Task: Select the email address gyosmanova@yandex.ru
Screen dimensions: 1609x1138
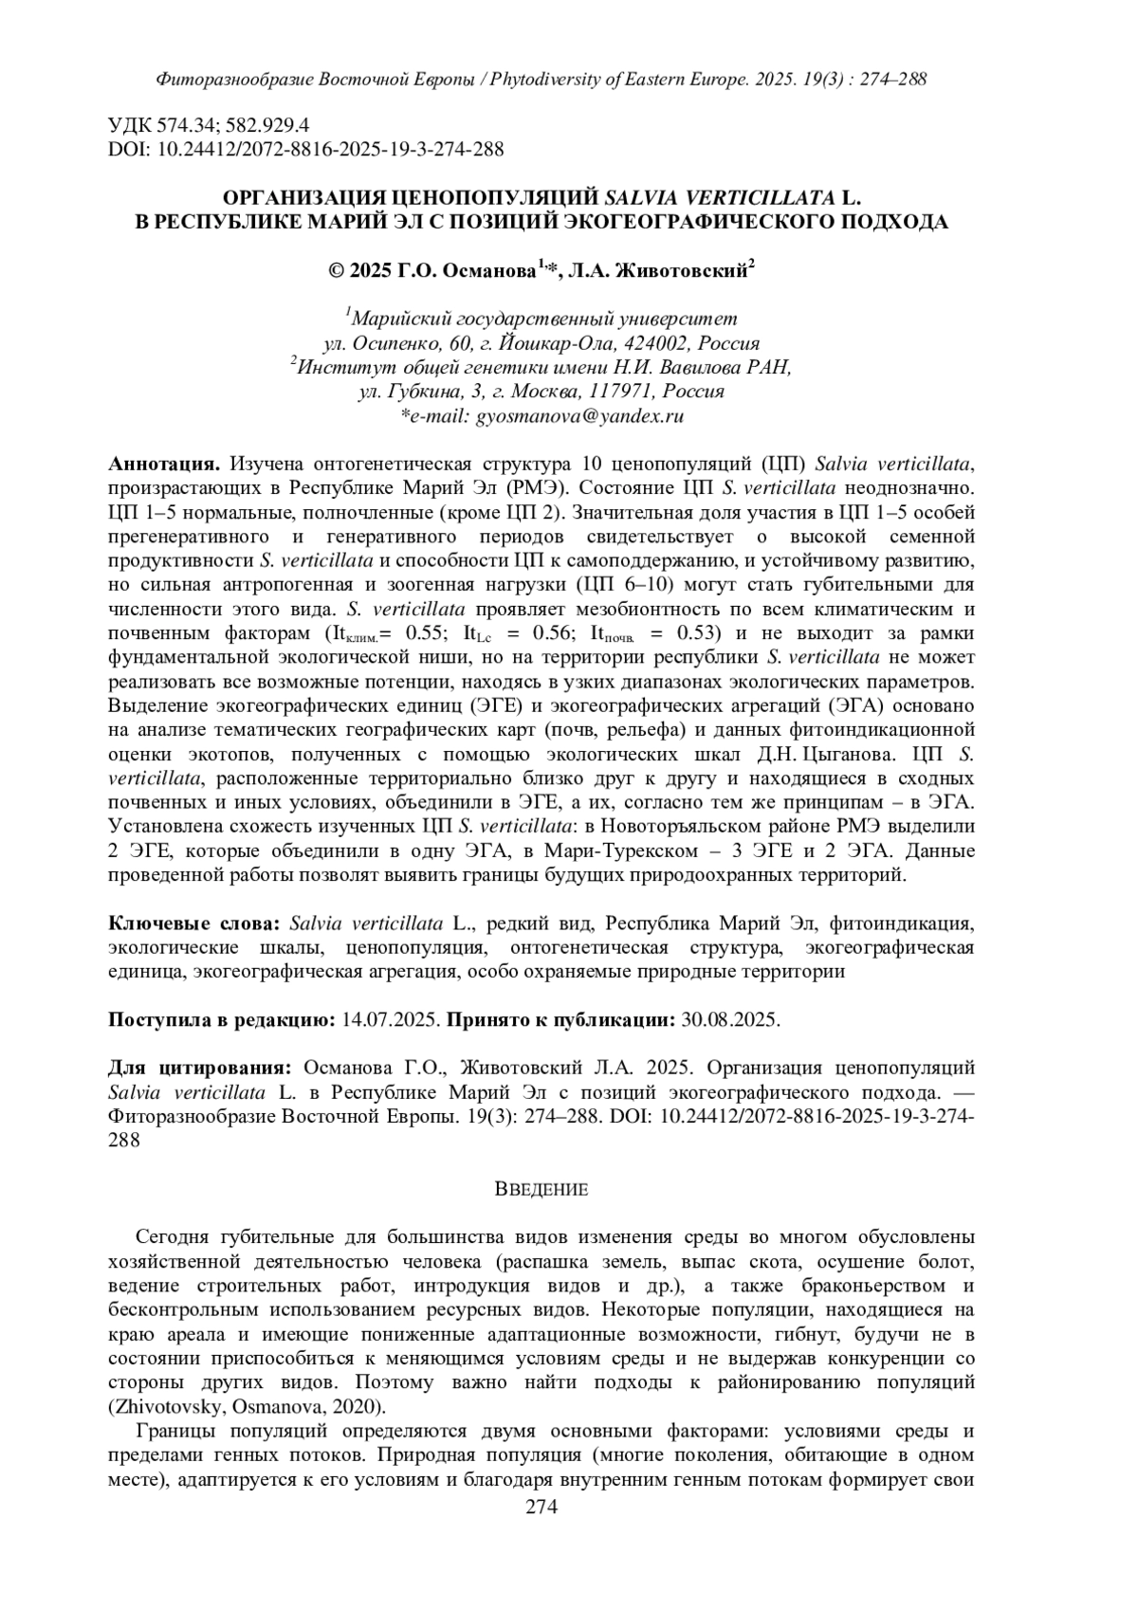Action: click(x=579, y=415)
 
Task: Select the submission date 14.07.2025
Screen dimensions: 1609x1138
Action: click(x=391, y=1020)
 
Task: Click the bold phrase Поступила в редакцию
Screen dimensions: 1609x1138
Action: click(x=222, y=1020)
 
